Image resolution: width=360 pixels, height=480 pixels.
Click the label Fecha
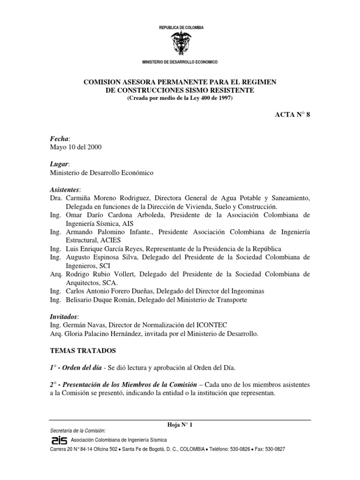59,138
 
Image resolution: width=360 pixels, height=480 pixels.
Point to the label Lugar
60,164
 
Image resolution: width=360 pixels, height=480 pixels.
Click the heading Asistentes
65,189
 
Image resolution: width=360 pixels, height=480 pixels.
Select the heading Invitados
64,316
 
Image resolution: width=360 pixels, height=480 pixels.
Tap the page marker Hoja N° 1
180,425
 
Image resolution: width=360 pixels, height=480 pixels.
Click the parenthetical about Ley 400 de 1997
180,97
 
